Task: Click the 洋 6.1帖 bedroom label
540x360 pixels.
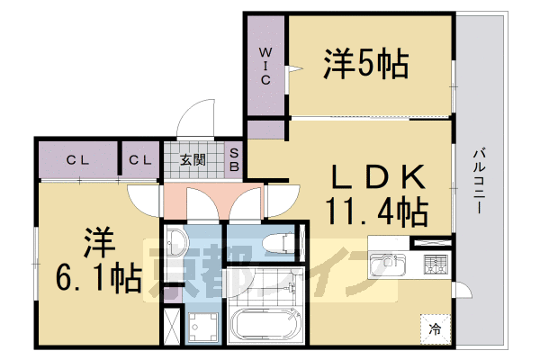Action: click(x=98, y=260)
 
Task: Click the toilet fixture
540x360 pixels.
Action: click(x=278, y=242)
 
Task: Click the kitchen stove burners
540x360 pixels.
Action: click(x=436, y=265)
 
